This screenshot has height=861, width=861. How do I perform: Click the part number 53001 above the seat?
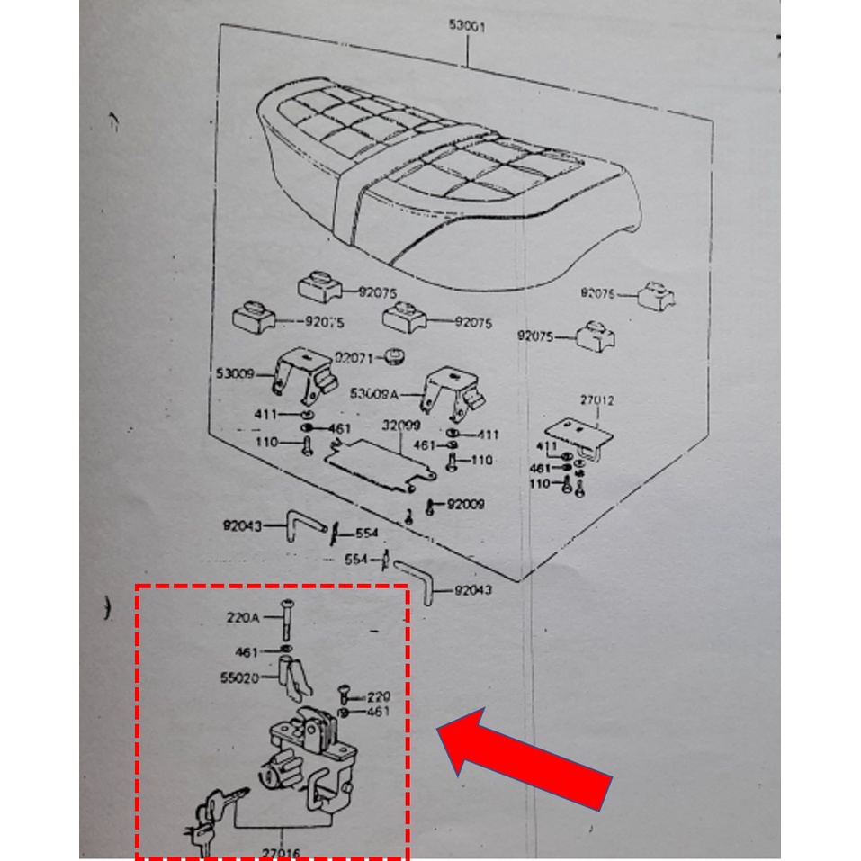(468, 27)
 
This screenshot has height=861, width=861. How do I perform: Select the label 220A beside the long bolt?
(242, 617)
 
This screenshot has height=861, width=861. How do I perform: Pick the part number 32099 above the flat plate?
(400, 426)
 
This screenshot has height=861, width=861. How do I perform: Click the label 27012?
(596, 400)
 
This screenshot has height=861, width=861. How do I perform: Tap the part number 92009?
(465, 504)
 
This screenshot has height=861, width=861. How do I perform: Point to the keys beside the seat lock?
(213, 814)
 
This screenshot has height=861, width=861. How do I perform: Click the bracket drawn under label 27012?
(580, 437)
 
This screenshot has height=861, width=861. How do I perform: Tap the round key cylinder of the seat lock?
(272, 775)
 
